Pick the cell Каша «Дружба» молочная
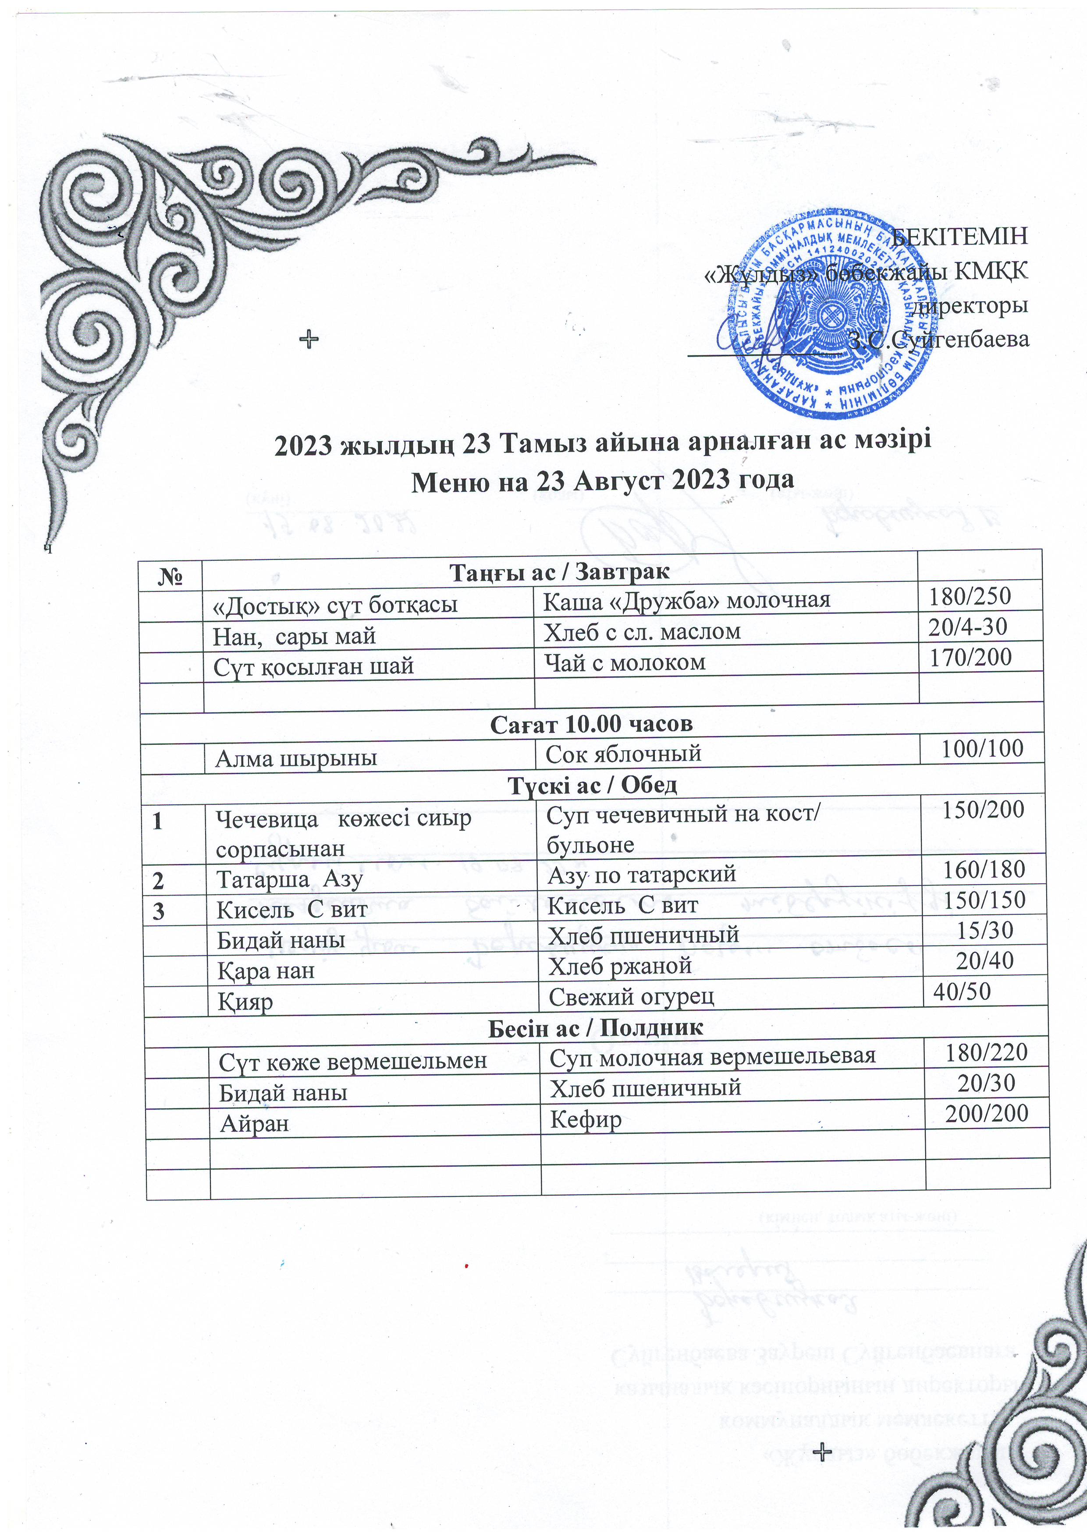click(x=686, y=601)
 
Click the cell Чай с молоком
click(x=624, y=662)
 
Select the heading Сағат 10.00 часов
click(x=591, y=724)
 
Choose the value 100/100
click(x=982, y=748)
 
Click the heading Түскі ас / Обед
click(x=592, y=785)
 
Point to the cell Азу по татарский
click(x=641, y=874)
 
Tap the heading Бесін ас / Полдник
click(x=595, y=1027)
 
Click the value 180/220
click(x=986, y=1052)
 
